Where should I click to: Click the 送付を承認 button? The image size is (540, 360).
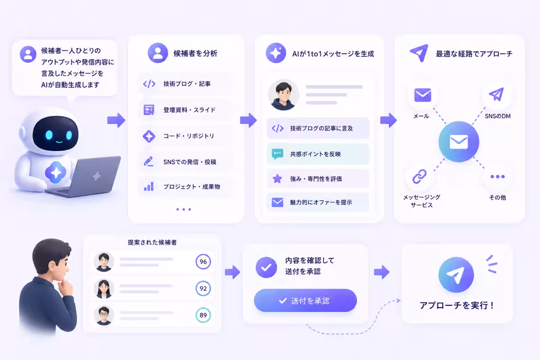(x=305, y=301)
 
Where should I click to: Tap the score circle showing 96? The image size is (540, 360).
(x=203, y=261)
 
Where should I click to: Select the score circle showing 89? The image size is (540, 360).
(x=203, y=315)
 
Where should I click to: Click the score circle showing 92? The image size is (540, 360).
(x=203, y=288)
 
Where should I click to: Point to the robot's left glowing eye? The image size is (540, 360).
(x=49, y=135)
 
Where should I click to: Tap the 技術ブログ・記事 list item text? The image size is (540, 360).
(x=187, y=84)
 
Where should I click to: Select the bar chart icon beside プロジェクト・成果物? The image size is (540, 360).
(x=149, y=187)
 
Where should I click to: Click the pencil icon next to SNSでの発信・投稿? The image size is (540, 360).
(x=148, y=162)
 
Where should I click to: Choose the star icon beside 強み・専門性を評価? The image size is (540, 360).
(x=277, y=179)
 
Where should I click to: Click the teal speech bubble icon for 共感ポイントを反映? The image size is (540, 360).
(x=277, y=154)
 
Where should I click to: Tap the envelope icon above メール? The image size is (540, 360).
(x=423, y=95)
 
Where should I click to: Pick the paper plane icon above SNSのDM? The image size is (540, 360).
(x=496, y=94)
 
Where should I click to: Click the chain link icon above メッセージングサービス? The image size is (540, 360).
(x=419, y=176)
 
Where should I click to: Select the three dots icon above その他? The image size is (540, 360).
(x=498, y=177)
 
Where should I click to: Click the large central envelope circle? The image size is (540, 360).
(x=459, y=142)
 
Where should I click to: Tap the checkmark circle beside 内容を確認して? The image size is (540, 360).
(x=266, y=267)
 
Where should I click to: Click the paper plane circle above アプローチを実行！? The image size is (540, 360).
(x=456, y=275)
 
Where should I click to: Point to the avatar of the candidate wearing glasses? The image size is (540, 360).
(x=103, y=315)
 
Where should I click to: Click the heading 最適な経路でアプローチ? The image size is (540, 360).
(x=474, y=54)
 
